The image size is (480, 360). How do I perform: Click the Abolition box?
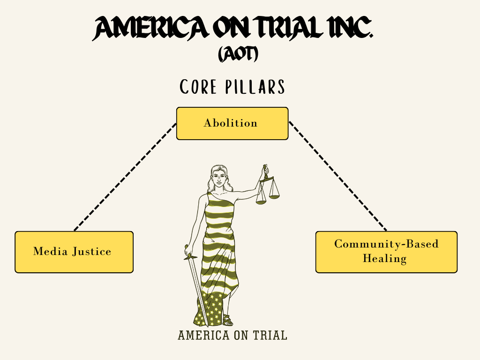[232, 123]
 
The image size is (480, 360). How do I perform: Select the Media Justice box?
[74, 252]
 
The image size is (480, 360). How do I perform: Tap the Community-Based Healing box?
[386, 252]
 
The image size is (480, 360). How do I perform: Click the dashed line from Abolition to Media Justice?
[125, 177]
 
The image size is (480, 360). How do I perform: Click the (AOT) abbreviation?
[238, 55]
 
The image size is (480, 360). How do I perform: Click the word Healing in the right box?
[384, 258]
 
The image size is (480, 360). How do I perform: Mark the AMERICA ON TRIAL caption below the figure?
[232, 336]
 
